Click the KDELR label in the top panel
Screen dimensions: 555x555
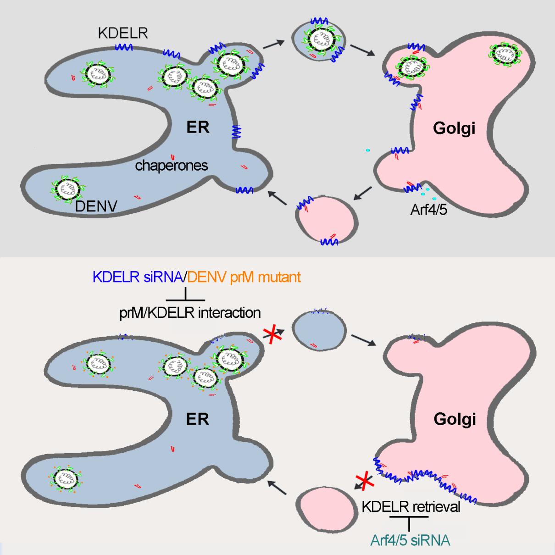[x=123, y=33]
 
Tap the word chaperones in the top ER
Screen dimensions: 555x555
[x=172, y=165]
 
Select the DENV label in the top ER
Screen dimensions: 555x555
[x=96, y=206]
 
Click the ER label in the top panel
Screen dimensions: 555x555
[x=198, y=127]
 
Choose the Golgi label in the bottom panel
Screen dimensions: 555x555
[x=454, y=419]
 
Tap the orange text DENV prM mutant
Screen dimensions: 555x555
[x=244, y=277]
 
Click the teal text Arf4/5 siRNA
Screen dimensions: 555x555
[x=410, y=540]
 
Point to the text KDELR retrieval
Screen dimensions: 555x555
[x=411, y=507]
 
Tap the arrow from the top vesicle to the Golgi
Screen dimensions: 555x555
[x=362, y=50]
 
